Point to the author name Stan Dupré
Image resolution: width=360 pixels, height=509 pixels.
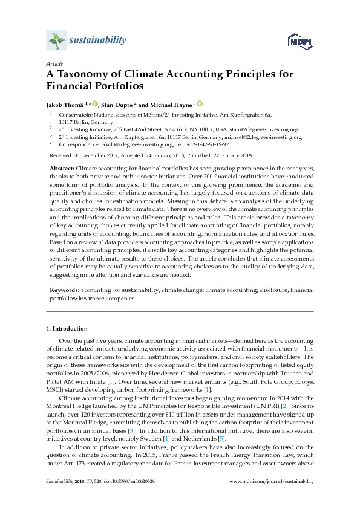[x=118, y=104]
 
